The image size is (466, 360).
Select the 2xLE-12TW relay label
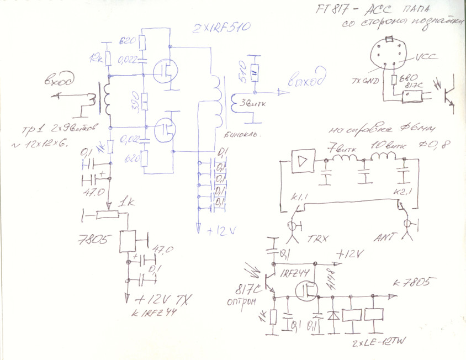pos(380,344)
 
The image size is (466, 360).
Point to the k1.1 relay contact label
pos(298,197)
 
